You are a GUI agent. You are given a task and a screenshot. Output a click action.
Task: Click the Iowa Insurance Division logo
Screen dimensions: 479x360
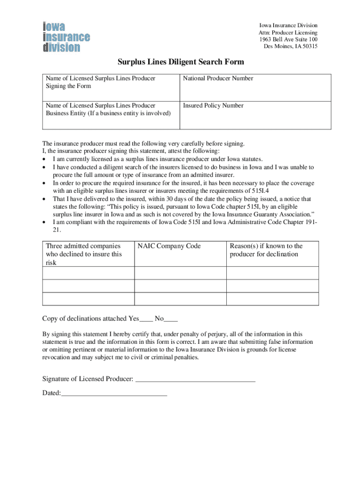[x=66, y=36]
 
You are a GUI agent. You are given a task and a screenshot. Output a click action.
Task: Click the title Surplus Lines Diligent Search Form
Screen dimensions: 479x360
[x=180, y=62]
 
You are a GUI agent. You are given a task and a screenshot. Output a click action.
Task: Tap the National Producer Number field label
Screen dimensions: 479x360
[x=218, y=79]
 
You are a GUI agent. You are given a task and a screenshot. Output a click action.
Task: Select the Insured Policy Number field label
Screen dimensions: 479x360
[x=213, y=106]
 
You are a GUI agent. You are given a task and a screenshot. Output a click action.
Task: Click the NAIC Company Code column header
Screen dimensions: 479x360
[x=169, y=246]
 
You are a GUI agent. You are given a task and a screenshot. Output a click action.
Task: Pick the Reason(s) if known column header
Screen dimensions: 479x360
[x=266, y=250]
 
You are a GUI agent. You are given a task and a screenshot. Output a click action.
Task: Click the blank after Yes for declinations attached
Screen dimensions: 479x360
[x=146, y=319]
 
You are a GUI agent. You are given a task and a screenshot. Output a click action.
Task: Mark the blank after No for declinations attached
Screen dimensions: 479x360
[x=171, y=319]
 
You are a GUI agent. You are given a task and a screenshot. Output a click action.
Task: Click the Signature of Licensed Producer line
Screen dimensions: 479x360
[x=195, y=379]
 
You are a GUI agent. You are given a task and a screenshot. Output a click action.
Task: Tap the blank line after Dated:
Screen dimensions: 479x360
[x=114, y=393]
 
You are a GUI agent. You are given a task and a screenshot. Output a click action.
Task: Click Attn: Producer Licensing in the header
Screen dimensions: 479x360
[x=288, y=33]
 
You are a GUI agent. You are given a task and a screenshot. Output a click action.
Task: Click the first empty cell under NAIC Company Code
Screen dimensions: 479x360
[x=180, y=273]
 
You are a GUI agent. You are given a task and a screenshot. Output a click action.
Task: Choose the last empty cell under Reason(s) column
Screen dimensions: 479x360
[x=273, y=299]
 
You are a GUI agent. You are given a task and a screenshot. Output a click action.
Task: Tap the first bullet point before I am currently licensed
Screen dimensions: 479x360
[x=44, y=160]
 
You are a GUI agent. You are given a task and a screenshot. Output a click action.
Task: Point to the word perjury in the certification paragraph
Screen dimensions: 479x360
[x=216, y=334]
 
